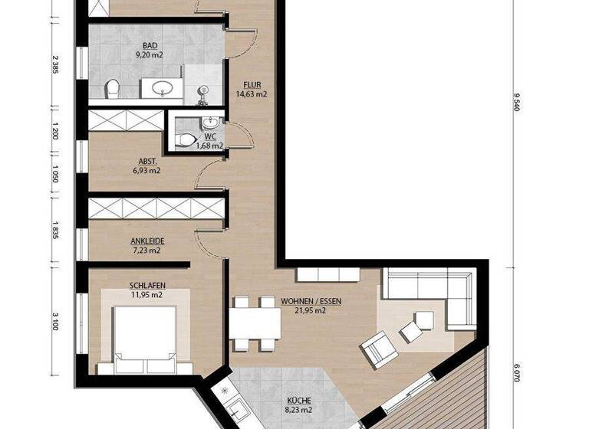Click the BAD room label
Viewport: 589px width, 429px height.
(x=140, y=46)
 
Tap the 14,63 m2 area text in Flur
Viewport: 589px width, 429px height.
(x=252, y=95)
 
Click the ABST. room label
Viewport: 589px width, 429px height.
(x=147, y=162)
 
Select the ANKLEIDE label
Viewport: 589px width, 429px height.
(x=147, y=241)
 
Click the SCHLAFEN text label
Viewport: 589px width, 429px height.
(x=147, y=286)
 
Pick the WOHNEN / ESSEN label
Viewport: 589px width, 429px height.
(x=311, y=301)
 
